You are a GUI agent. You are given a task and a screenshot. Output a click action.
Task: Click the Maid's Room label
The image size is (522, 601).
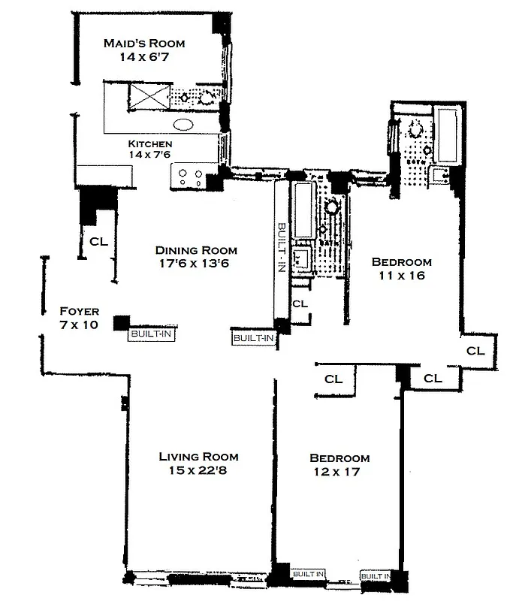[x=143, y=44]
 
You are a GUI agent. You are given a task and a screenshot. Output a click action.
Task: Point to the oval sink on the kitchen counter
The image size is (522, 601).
[x=184, y=125]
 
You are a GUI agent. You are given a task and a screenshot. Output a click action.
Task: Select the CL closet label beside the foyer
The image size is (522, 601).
[x=98, y=242]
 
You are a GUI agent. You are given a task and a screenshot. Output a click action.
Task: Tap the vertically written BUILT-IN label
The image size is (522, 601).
[x=281, y=248]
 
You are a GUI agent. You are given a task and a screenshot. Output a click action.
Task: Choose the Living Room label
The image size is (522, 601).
[x=198, y=457]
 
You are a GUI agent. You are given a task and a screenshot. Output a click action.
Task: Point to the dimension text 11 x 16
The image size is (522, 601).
[x=402, y=276]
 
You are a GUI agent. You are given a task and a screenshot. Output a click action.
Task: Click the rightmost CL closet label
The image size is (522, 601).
[x=475, y=351]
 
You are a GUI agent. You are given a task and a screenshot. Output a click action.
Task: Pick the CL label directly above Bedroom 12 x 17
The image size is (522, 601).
[x=333, y=379]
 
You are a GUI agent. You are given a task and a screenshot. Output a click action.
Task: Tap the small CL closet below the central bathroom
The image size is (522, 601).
[x=300, y=304]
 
